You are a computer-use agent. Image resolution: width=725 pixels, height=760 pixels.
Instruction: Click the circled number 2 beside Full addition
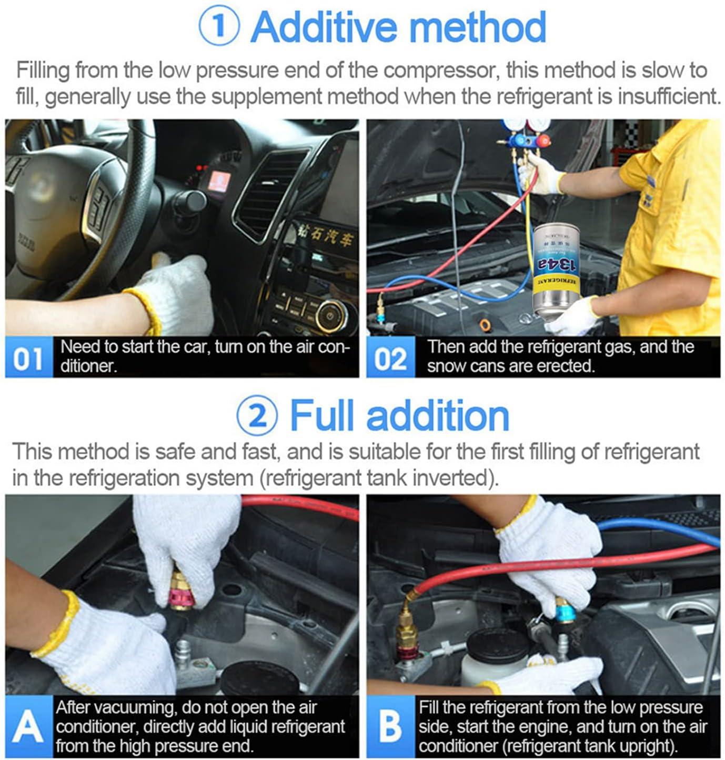[x=257, y=416]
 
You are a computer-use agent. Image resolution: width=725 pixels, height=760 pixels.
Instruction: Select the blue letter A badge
[x=28, y=727]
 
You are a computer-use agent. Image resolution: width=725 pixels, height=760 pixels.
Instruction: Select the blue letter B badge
[x=390, y=727]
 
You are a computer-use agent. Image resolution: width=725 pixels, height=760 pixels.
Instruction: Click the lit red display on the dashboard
[x=217, y=180]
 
